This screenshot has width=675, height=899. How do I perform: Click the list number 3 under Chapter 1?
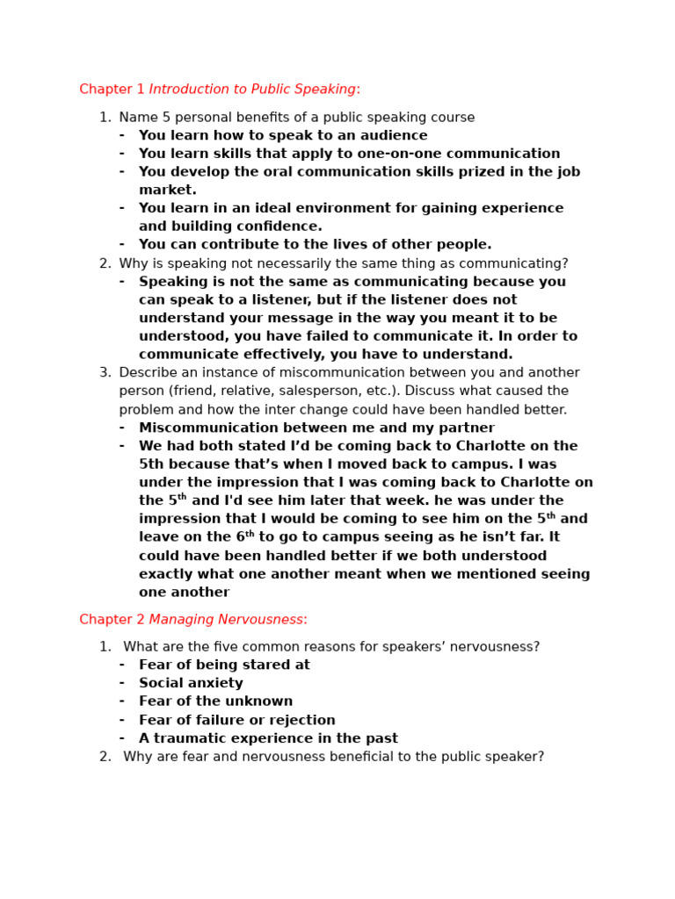tap(105, 372)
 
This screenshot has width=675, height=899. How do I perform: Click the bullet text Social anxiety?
tap(191, 683)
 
